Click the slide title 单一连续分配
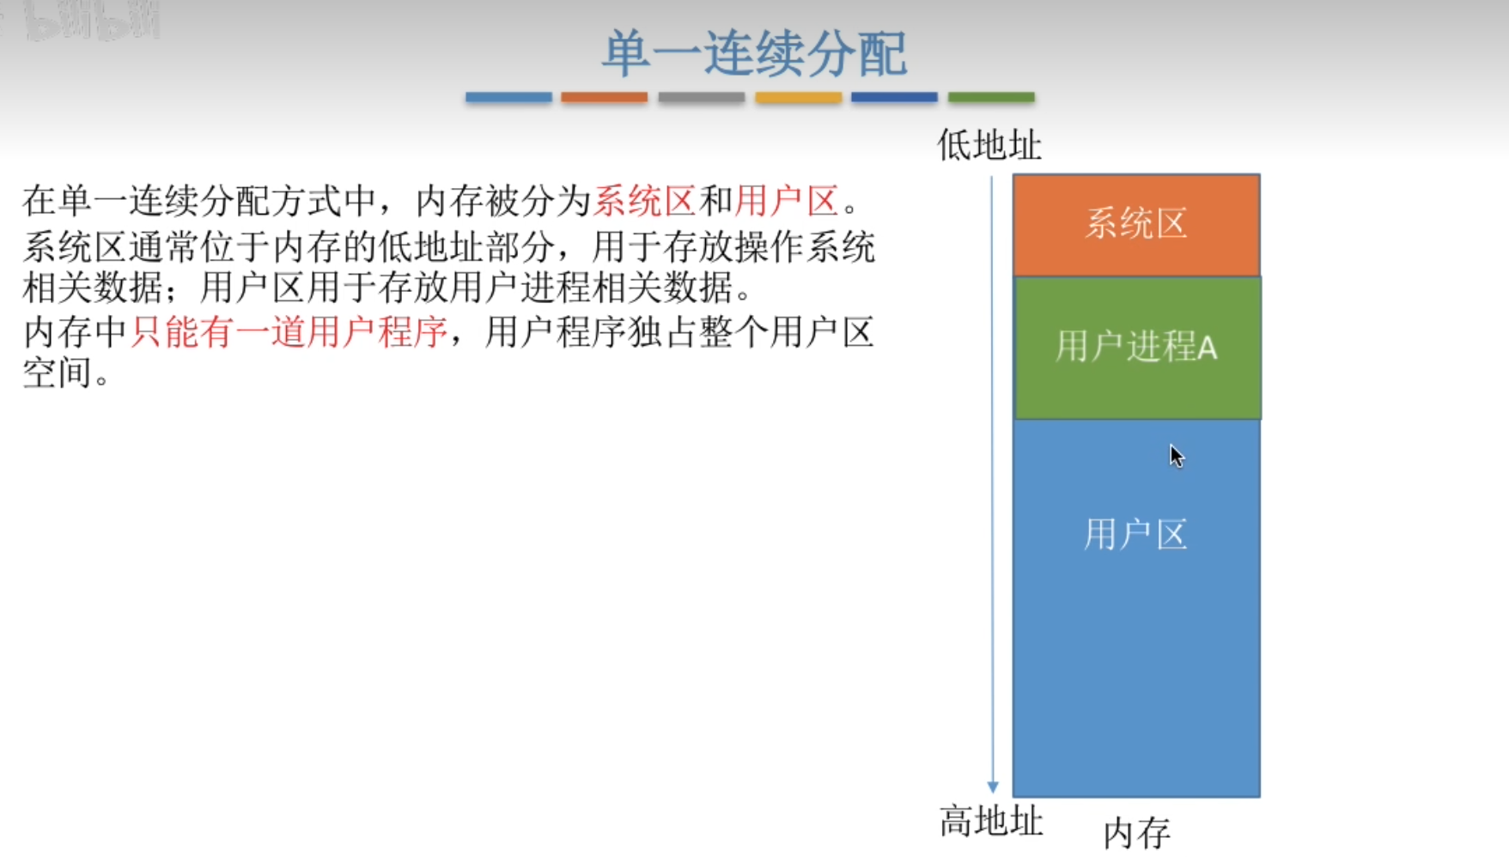[x=754, y=53]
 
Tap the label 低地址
[x=989, y=145]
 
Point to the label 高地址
[x=991, y=822]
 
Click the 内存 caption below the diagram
[x=1137, y=833]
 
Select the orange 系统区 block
[x=1136, y=225]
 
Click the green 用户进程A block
[x=1138, y=348]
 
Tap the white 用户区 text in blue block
[x=1135, y=534]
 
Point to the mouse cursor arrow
[x=1176, y=456]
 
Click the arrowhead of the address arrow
[x=993, y=787]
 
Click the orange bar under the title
[x=605, y=97]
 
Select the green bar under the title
[x=991, y=97]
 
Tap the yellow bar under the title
[x=798, y=97]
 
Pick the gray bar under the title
[x=702, y=97]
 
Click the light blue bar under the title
[x=508, y=97]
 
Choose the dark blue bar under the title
[x=894, y=97]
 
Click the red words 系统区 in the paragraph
[x=644, y=201]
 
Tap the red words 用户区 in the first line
[x=787, y=201]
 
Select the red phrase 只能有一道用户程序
[x=289, y=331]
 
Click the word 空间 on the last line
[x=58, y=373]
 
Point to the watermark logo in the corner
[x=82, y=21]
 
